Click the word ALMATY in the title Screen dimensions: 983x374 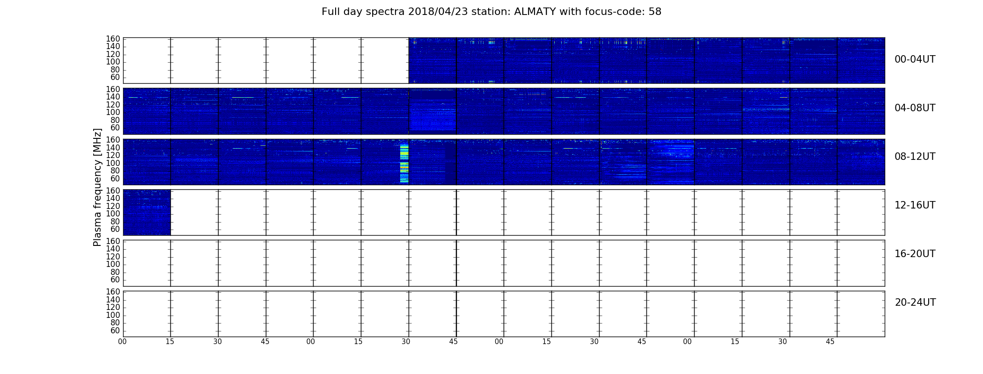click(x=534, y=12)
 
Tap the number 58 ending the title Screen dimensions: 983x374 click(x=655, y=12)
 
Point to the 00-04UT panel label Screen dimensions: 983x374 click(x=915, y=59)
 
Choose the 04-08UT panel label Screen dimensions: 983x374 click(x=915, y=108)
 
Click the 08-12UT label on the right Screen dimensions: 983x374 click(x=915, y=157)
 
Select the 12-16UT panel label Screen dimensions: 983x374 click(x=915, y=205)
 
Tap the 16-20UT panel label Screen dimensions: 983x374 click(x=915, y=254)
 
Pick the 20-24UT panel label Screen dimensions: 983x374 click(x=915, y=302)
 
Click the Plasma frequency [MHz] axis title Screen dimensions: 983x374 click(x=97, y=187)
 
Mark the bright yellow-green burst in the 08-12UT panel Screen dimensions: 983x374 click(x=404, y=163)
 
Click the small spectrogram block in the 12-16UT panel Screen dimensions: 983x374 click(x=147, y=212)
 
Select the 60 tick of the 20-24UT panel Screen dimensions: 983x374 click(x=115, y=331)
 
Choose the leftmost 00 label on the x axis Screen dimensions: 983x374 click(x=122, y=342)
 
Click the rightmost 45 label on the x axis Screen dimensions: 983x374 click(x=830, y=342)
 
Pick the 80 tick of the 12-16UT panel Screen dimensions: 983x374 click(x=115, y=222)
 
